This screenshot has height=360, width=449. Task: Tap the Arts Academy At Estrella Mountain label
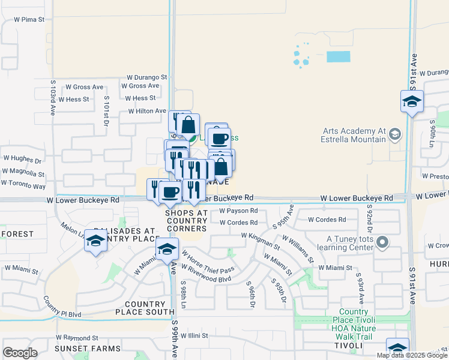click(x=354, y=135)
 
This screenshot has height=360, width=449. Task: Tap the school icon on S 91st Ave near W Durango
click(x=412, y=101)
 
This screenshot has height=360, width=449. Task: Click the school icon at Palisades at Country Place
click(x=95, y=241)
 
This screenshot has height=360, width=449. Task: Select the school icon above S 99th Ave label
click(x=167, y=250)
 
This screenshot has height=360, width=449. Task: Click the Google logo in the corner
click(x=20, y=353)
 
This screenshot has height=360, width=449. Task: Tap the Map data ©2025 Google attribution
click(x=412, y=355)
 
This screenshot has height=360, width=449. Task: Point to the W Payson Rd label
click(x=238, y=211)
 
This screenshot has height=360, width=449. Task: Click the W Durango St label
click(x=146, y=77)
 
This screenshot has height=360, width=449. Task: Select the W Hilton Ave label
click(x=146, y=111)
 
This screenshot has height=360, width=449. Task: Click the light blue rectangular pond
click(x=338, y=57)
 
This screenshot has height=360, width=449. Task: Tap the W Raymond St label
click(x=78, y=338)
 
